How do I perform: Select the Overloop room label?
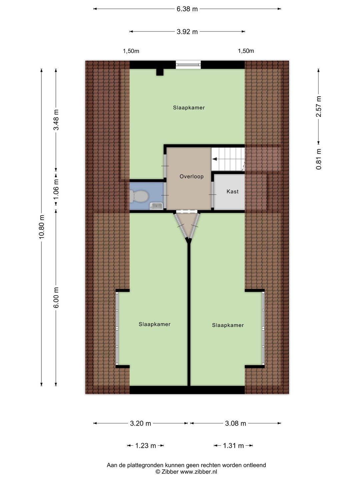tap(191, 176)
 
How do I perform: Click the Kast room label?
tap(232, 191)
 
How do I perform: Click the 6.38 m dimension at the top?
tap(187, 9)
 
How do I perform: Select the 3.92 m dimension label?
tap(187, 32)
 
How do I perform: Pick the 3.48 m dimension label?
tap(56, 120)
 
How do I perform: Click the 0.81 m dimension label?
tap(319, 159)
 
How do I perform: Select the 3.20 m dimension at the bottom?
tap(140, 423)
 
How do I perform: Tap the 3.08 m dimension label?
tap(235, 423)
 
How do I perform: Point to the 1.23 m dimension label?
tap(146, 446)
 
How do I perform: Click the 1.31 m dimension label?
tap(233, 446)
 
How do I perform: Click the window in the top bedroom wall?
tap(188, 64)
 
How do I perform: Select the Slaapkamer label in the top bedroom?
tap(189, 108)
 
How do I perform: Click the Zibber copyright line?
tap(186, 472)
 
